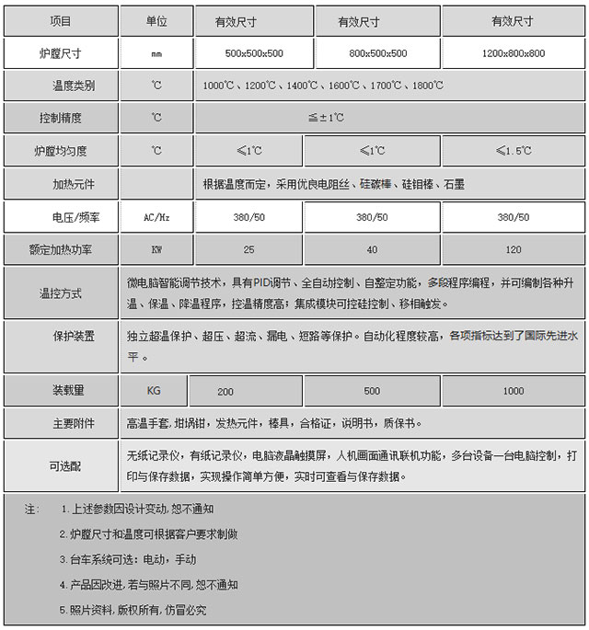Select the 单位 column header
tap(156, 19)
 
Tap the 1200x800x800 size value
tap(514, 53)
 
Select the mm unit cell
tap(156, 53)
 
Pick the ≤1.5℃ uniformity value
tap(514, 150)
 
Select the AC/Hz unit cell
tap(156, 217)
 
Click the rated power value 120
tap(514, 249)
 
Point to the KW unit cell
tap(156, 249)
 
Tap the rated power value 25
tap(248, 249)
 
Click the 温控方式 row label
tap(61, 293)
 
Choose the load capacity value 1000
tap(514, 391)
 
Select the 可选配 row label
tap(61, 466)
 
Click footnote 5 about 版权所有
tap(133, 610)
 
